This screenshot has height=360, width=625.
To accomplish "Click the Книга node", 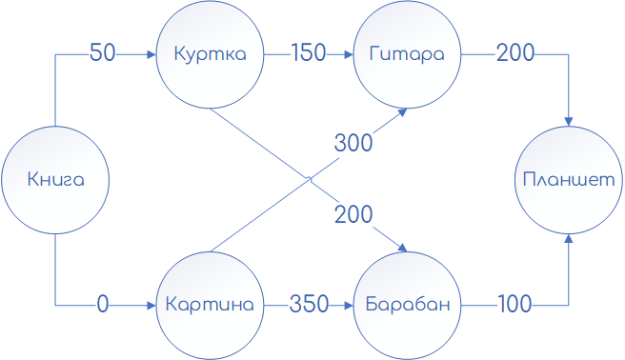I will (x=55, y=179).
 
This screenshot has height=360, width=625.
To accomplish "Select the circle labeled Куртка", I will (x=210, y=54).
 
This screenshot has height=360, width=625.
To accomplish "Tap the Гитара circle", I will (x=405, y=54).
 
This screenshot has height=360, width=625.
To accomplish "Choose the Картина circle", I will (x=210, y=305).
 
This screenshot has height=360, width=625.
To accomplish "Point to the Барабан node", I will (x=405, y=305).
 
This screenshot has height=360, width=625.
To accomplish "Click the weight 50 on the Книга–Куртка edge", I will (x=103, y=53).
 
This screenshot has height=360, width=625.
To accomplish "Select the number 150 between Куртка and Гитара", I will (x=309, y=53).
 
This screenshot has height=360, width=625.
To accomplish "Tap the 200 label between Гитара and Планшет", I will (x=515, y=53).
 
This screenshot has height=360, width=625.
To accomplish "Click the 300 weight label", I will (x=353, y=144).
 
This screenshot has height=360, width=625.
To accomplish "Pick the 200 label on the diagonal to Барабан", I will (x=353, y=215).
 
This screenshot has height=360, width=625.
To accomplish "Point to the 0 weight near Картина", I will (x=103, y=305).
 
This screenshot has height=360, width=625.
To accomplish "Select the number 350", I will (x=309, y=305).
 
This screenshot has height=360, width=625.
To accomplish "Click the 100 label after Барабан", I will (x=515, y=305).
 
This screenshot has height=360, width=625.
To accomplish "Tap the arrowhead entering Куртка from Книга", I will (x=151, y=54).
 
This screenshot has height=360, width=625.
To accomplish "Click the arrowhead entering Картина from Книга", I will (x=151, y=305).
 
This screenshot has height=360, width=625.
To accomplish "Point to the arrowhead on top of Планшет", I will (x=570, y=120).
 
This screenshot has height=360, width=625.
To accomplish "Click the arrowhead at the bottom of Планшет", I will (x=570, y=238).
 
